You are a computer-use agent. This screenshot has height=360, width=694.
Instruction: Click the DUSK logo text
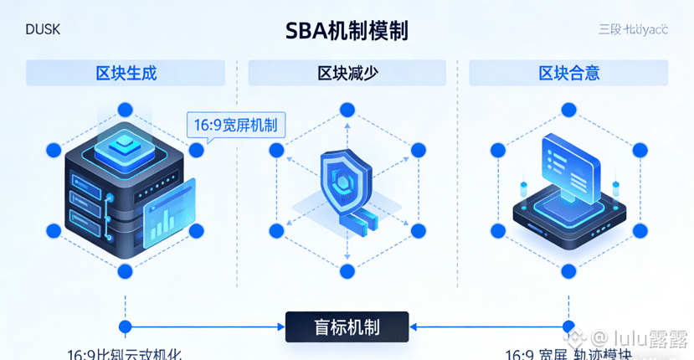point(43,30)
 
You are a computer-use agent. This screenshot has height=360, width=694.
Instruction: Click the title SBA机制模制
point(347,32)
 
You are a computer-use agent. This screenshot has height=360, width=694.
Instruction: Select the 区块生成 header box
point(126,73)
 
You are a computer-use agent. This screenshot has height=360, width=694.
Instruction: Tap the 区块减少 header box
point(347,73)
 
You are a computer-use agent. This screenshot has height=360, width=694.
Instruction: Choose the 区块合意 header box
point(568,73)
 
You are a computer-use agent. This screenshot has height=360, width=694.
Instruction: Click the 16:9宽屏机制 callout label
point(235,126)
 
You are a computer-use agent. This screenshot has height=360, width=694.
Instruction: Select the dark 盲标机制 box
point(347,327)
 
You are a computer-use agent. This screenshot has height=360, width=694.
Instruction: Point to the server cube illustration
point(117,184)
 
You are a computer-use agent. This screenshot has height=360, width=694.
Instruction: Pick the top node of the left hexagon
point(126,110)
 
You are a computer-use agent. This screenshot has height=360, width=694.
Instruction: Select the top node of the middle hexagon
point(347,110)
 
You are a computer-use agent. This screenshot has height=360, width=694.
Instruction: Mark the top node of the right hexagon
point(569,110)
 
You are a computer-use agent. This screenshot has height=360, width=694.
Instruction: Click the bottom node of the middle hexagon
point(347,270)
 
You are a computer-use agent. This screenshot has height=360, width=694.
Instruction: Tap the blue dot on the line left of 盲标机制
point(126,327)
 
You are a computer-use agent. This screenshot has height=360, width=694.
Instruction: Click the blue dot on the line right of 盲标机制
point(569,327)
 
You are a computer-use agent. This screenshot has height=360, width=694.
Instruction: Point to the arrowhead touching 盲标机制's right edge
point(414,327)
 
